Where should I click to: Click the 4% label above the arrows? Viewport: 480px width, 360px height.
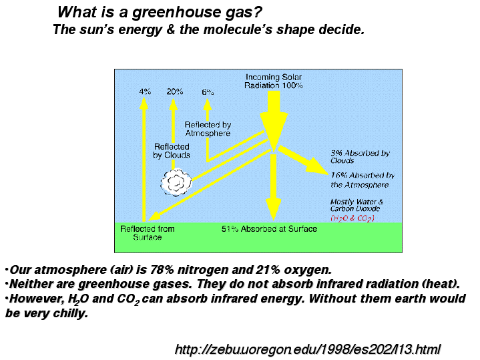tap(145, 92)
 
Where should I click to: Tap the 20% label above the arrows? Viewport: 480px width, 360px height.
tap(175, 92)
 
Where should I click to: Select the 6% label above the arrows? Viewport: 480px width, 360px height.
tap(208, 92)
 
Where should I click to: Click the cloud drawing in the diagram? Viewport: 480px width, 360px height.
tap(176, 182)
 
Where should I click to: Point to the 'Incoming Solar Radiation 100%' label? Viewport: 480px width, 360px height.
tap(274, 81)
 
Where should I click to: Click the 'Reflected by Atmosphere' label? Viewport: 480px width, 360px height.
tap(208, 129)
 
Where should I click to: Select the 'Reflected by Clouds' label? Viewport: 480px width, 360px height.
tap(172, 151)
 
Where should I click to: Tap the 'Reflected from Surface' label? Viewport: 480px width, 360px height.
tap(148, 233)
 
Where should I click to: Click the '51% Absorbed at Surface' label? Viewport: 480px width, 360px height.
tap(269, 229)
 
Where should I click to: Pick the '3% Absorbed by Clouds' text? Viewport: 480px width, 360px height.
tap(360, 156)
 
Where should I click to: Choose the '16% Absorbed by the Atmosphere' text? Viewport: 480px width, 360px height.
tap(363, 180)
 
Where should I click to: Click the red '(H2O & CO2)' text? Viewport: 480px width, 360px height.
tap(352, 218)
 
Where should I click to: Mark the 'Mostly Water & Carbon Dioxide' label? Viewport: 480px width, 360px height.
tap(356, 205)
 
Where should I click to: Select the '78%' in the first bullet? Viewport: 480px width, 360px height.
tap(162, 270)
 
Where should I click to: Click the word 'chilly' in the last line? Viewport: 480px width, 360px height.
tap(70, 313)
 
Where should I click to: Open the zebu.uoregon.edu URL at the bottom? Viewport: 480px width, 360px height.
tap(307, 349)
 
